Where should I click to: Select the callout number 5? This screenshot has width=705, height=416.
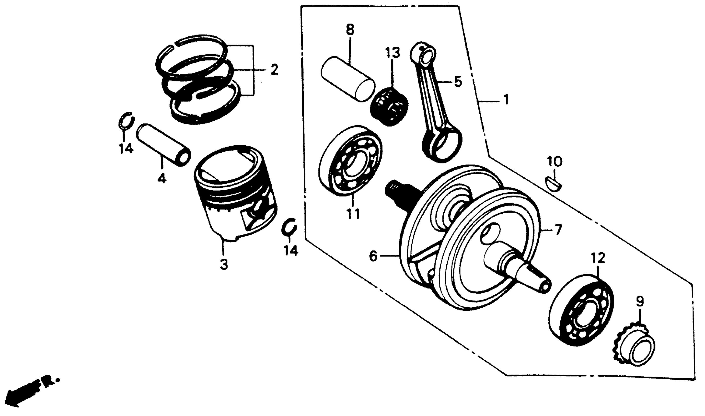point(457,81)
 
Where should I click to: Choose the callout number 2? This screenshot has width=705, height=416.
point(274,69)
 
